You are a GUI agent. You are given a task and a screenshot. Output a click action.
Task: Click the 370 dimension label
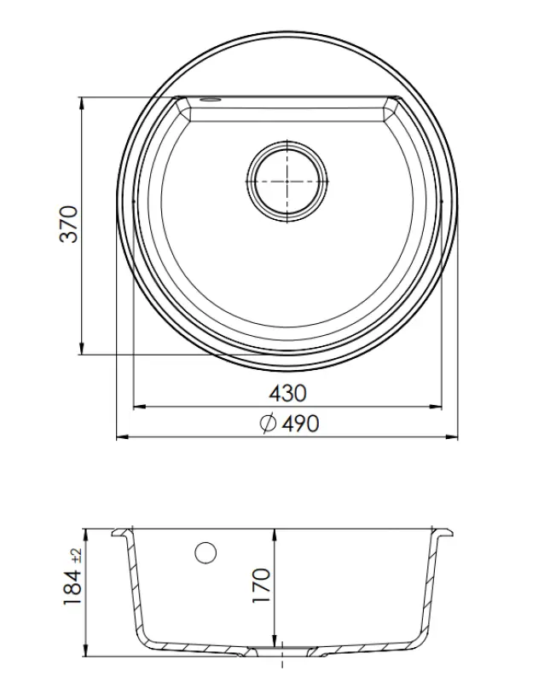click(69, 223)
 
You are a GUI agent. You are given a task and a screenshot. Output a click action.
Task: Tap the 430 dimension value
click(287, 394)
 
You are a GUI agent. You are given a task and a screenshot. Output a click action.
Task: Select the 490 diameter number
click(299, 424)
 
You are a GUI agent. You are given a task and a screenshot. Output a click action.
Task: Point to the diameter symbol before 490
click(267, 424)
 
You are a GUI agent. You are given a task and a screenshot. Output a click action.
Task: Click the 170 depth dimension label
click(261, 587)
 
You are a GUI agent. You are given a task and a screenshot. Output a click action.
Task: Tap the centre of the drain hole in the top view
click(287, 181)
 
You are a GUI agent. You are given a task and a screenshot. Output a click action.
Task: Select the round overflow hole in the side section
click(206, 552)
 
